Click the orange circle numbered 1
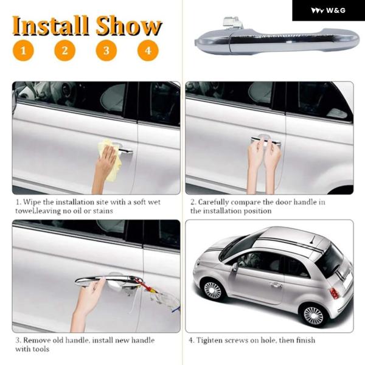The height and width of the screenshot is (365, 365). point(23,50)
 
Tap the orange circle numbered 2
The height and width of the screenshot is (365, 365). point(64,50)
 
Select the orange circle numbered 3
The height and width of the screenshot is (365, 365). point(106,50)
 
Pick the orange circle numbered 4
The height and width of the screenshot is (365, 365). point(148,50)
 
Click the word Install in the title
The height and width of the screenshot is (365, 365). point(50,26)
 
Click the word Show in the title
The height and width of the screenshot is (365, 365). point(129,26)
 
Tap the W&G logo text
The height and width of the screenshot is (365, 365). point(336,10)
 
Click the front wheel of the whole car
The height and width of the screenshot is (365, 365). point(212,290)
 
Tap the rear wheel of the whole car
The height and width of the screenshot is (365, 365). point(313,316)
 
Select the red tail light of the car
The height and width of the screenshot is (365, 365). point(334,293)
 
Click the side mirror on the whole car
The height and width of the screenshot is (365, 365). point(235,267)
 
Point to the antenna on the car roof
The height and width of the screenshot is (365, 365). point(312,240)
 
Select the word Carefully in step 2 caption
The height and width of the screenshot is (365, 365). point(214,203)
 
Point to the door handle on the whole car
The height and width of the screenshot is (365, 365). point(276,285)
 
